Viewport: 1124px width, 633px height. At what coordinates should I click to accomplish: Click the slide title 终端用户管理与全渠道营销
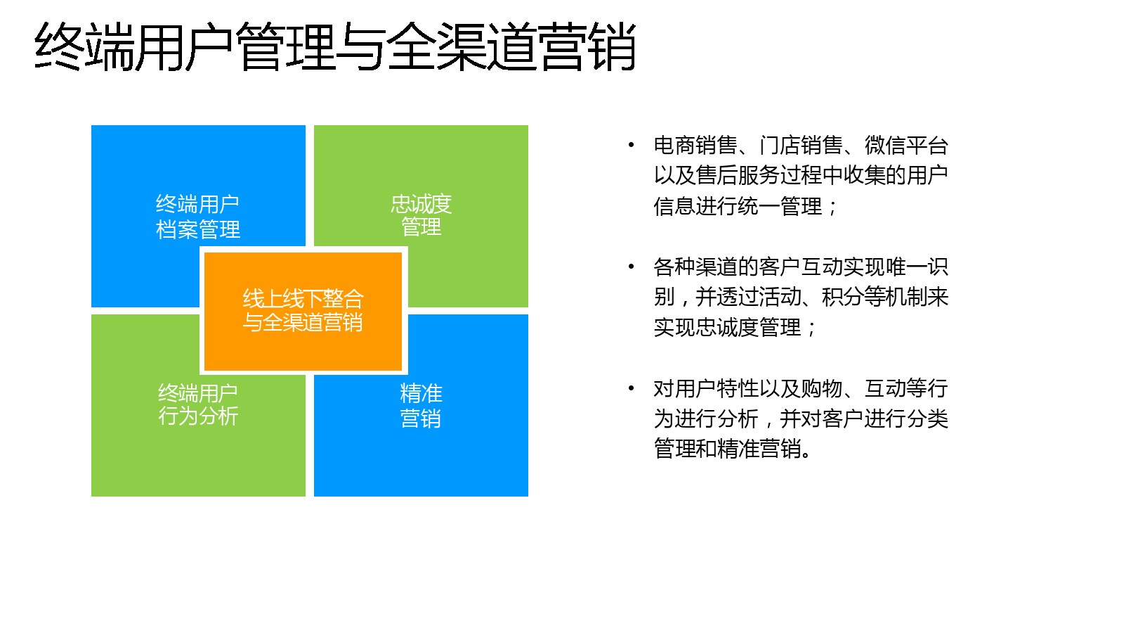click(335, 46)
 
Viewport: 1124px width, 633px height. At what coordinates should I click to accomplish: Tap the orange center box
click(303, 311)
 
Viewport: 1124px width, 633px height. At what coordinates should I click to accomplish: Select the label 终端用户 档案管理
click(197, 217)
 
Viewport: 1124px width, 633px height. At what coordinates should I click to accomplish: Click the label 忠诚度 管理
click(421, 215)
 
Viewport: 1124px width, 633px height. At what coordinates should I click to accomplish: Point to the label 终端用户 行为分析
click(197, 405)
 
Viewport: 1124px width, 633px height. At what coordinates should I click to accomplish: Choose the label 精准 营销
click(421, 405)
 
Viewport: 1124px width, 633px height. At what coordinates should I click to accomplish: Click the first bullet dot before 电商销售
click(632, 146)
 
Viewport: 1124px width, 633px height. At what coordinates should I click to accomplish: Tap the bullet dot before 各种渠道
click(632, 267)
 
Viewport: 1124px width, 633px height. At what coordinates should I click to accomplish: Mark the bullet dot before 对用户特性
click(632, 388)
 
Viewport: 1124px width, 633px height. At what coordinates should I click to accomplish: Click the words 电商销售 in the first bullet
click(695, 146)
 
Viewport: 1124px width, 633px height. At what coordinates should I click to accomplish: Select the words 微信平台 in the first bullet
click(906, 146)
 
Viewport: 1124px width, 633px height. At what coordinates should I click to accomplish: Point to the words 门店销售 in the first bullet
click(801, 146)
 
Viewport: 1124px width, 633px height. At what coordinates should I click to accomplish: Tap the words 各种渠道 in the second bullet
click(695, 267)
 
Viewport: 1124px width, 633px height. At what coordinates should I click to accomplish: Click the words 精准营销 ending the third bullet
click(759, 449)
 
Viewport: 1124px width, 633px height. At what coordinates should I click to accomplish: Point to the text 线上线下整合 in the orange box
click(303, 299)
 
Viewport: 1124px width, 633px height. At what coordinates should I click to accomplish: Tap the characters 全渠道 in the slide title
click(462, 46)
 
